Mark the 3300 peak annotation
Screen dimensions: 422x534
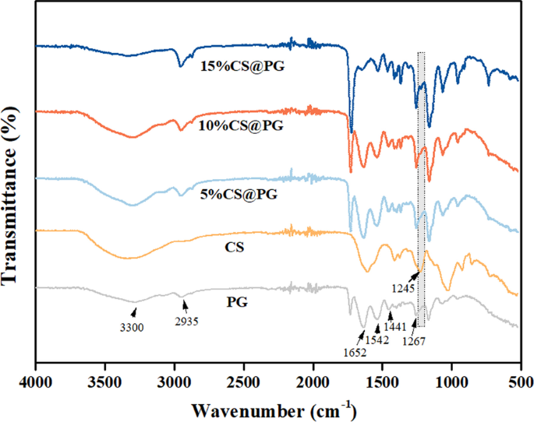(131, 327)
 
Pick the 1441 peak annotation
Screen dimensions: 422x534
(398, 328)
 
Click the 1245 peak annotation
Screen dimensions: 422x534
(404, 287)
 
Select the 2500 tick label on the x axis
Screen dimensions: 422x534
(244, 380)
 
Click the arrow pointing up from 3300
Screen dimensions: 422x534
(134, 313)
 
